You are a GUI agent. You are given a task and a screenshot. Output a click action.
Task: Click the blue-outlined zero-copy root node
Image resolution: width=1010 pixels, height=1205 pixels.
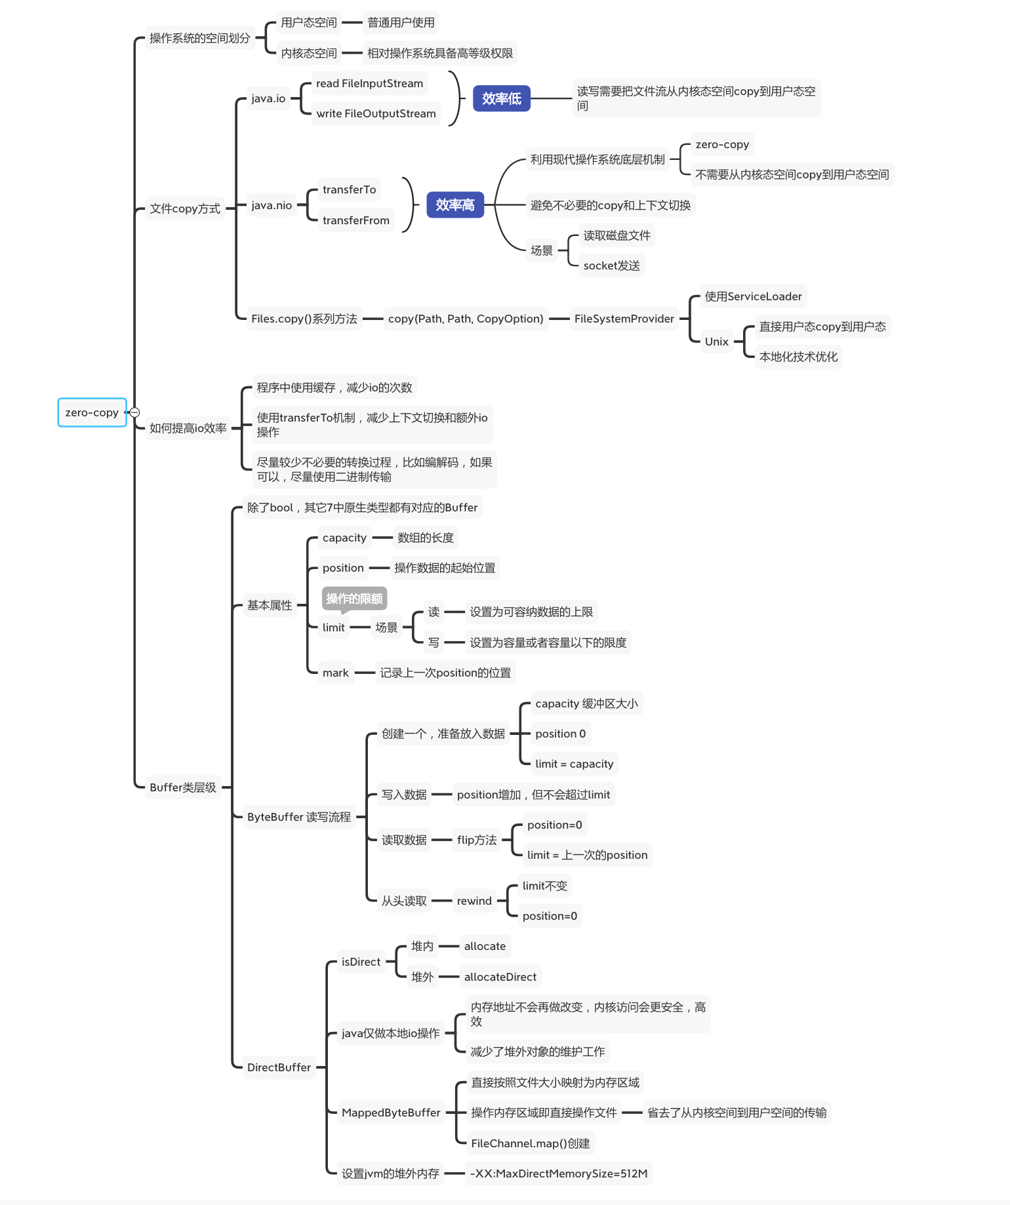pos(92,412)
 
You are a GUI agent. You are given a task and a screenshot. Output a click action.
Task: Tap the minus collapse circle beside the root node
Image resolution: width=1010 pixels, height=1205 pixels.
pos(134,412)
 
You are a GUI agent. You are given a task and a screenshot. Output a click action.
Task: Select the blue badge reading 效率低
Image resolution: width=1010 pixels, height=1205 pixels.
pos(501,98)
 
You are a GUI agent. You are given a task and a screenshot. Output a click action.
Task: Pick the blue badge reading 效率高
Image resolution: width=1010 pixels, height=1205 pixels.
pos(455,205)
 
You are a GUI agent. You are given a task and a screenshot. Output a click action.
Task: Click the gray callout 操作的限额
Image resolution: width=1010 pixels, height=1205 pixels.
pos(354,599)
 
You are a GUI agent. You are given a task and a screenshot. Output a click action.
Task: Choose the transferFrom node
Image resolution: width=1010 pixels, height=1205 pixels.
pos(355,220)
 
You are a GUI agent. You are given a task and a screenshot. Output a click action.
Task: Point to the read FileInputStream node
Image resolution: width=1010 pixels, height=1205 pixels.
pos(369,83)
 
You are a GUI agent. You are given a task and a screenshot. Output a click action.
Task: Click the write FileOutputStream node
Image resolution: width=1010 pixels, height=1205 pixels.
pos(376,113)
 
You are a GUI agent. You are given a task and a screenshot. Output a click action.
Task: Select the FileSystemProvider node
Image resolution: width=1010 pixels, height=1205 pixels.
pos(624,319)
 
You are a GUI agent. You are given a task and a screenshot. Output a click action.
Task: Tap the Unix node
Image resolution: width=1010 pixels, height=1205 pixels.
pos(716,342)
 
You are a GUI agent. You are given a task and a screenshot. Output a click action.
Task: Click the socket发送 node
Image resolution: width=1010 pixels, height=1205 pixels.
pos(611,266)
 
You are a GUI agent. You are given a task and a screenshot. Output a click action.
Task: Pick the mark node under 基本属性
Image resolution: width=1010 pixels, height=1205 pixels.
pos(335,673)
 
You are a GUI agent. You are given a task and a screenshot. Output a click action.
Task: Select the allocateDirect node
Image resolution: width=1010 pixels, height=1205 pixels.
pos(500,977)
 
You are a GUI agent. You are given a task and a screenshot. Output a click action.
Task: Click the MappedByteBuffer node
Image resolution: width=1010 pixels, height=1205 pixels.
pos(391,1113)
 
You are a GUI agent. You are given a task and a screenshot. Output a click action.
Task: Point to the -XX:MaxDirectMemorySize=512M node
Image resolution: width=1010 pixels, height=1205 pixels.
pos(559,1174)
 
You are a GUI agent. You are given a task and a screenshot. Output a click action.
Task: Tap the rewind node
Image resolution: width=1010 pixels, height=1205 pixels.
pos(474,901)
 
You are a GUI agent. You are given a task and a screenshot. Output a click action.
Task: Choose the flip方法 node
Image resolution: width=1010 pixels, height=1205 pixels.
pos(477,840)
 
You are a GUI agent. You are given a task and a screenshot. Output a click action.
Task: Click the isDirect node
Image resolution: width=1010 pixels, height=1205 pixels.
pos(361,962)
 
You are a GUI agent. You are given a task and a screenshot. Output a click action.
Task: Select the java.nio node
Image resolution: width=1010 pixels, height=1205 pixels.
pos(272,205)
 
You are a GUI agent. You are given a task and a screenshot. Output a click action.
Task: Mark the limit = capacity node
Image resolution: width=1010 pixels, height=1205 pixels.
pos(574,764)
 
